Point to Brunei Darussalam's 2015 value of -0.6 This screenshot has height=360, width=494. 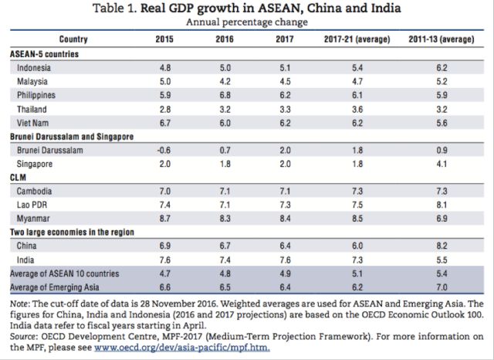tap(163, 148)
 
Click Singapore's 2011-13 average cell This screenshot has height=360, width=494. tap(442, 163)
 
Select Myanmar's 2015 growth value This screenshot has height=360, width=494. tap(164, 218)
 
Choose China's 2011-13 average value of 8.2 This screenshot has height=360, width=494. tap(442, 245)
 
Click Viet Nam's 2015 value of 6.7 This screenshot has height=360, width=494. tap(164, 121)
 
